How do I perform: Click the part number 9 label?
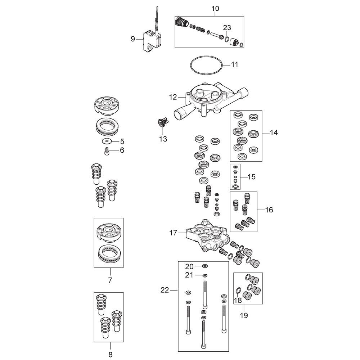(x=133, y=39)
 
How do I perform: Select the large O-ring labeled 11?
(x=206, y=65)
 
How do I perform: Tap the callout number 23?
(x=227, y=28)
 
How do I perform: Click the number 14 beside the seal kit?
(x=274, y=133)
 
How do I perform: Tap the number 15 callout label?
(x=252, y=177)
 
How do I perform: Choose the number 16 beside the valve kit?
(x=269, y=210)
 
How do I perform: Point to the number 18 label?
(x=238, y=300)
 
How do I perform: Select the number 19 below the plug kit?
(x=244, y=315)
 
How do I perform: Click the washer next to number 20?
(x=205, y=266)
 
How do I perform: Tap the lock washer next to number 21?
(x=205, y=275)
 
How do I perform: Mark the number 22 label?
(x=165, y=290)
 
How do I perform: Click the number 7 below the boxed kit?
(x=110, y=280)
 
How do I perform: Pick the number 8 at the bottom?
(x=111, y=355)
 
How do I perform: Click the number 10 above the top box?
(x=215, y=9)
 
